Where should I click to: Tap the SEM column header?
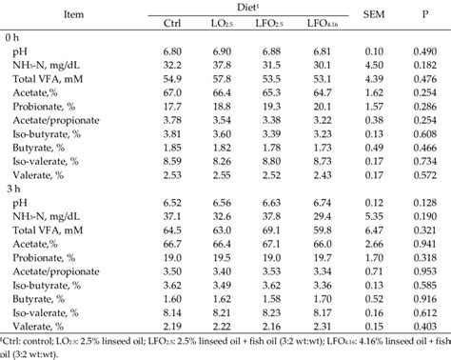tap(374, 14)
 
